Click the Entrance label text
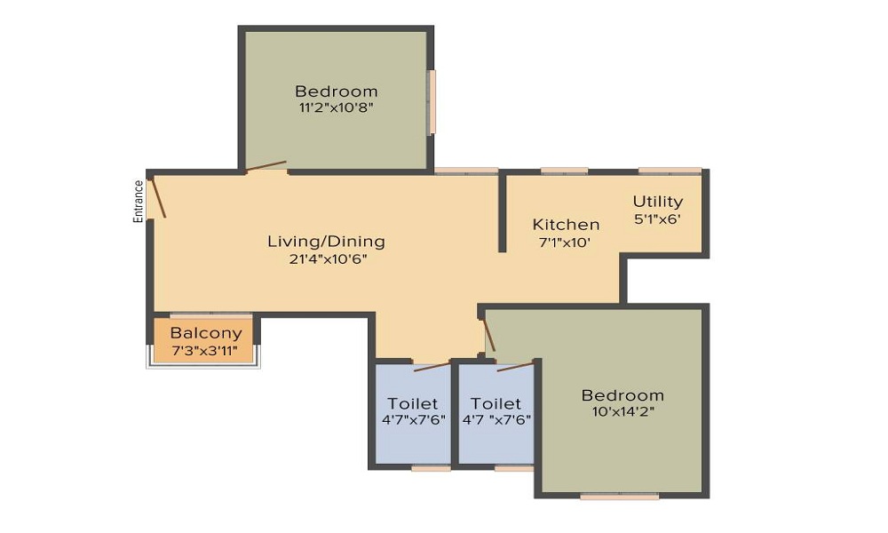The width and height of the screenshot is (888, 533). point(139,201)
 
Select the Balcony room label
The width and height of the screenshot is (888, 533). point(206,334)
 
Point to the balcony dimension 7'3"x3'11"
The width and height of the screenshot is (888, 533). point(205,350)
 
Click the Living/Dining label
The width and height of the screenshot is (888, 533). point(326,242)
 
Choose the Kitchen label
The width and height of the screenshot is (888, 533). point(566,225)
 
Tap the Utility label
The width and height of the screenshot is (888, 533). point(658,202)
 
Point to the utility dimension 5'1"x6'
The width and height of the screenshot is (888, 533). point(658,219)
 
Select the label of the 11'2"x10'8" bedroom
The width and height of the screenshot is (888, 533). point(337,91)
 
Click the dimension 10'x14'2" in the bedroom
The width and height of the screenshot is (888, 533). point(622,411)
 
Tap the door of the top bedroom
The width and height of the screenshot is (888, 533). point(266,166)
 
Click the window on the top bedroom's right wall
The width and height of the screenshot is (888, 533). point(432,102)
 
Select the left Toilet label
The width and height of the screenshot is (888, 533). point(413,404)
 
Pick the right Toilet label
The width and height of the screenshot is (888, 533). point(496,404)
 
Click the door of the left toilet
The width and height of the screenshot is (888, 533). point(432,365)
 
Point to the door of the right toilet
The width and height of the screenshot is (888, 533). point(515,365)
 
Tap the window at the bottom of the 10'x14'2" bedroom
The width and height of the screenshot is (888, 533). point(620,497)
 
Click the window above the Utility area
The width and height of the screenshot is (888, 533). point(670,171)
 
